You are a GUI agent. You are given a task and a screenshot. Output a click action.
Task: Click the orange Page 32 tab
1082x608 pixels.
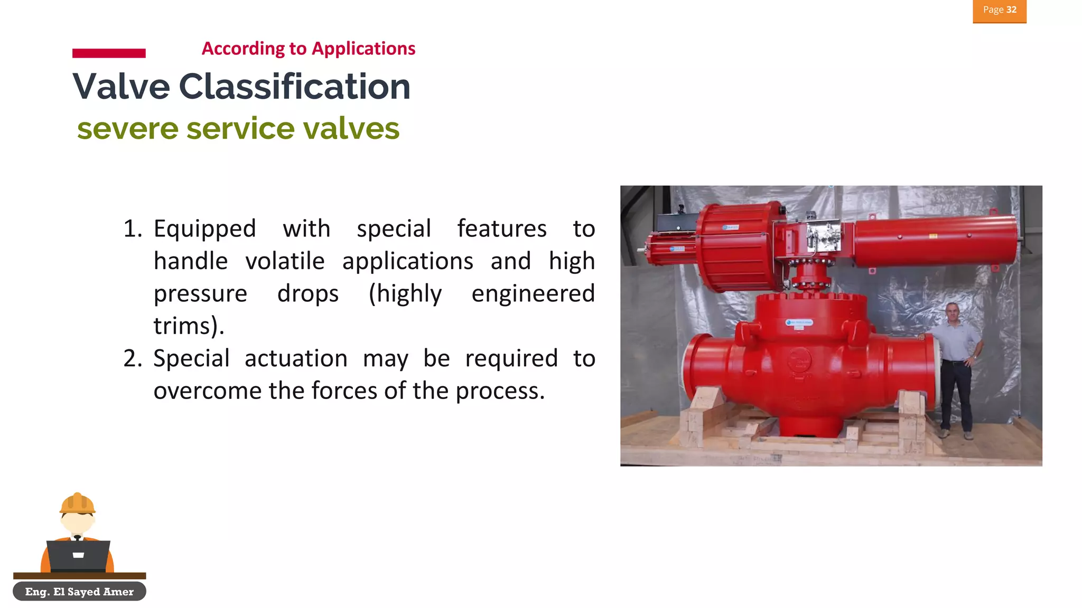point(999,11)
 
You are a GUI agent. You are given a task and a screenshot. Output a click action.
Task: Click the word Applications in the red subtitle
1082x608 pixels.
point(363,49)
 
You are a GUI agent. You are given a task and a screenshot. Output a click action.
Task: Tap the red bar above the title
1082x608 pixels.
point(109,53)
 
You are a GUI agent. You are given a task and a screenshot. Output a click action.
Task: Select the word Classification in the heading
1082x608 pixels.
point(294,87)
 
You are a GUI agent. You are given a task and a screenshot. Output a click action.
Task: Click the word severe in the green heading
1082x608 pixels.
point(128,129)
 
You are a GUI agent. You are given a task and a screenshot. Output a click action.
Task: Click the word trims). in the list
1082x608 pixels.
point(189,326)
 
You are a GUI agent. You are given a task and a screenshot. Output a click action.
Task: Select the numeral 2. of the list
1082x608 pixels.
point(133,358)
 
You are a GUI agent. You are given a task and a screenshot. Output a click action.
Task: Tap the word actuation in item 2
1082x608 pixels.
point(296,358)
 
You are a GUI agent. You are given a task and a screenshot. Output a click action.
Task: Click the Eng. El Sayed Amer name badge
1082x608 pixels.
point(79,592)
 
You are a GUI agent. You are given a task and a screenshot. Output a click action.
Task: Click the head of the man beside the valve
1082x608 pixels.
point(952,313)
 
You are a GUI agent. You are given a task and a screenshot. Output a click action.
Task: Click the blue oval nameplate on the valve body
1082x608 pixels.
point(799,322)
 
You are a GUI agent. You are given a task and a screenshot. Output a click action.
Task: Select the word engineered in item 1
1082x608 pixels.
point(533,293)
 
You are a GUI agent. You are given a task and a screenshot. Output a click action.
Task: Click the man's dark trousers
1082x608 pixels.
point(956,393)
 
